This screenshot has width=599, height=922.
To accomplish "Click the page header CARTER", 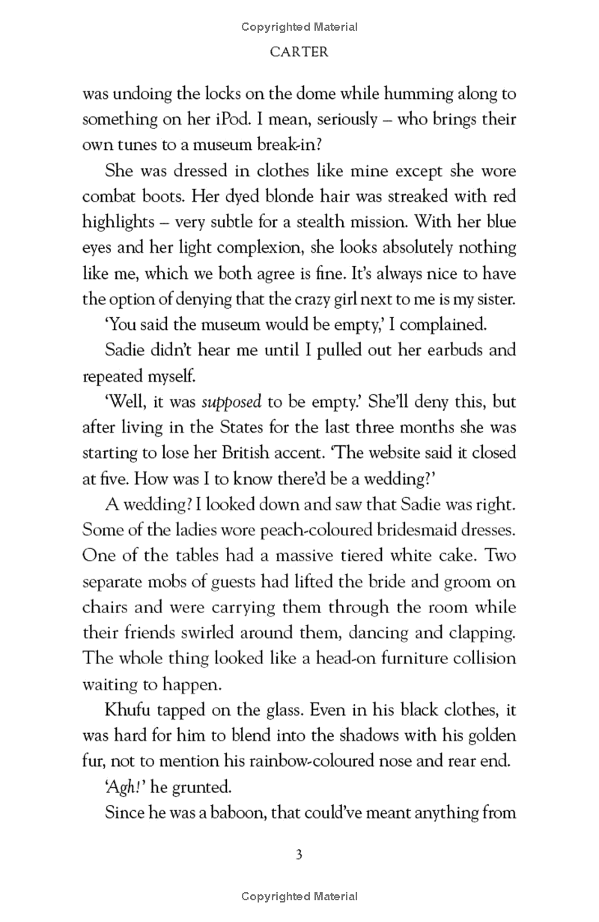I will click(299, 52).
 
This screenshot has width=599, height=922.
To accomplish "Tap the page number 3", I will click(299, 855).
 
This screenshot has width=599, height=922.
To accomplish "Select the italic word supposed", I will click(231, 402).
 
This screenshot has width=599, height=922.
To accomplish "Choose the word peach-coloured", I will click(282, 530).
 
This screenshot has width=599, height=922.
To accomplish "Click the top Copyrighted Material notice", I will click(299, 27).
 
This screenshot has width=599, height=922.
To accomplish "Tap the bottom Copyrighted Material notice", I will click(299, 897).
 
